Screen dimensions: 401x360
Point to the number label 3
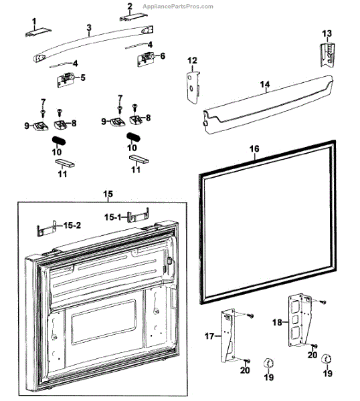coord(88,27)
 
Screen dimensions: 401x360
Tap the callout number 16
coord(254,148)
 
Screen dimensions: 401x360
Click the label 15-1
coord(111,217)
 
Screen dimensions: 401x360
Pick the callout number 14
coord(265,85)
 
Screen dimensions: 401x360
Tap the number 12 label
coord(192,61)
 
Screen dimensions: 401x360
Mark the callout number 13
coord(327,33)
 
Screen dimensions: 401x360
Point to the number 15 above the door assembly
coord(108,194)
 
